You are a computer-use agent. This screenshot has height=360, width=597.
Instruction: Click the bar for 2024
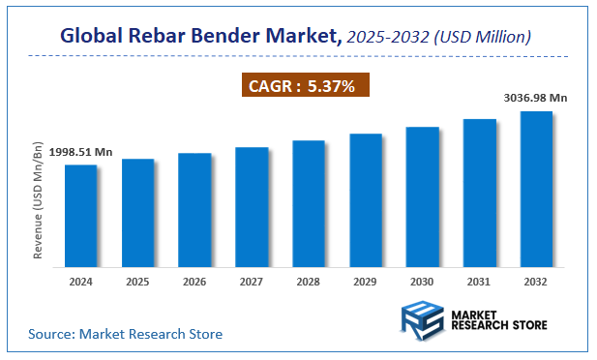click(x=80, y=215)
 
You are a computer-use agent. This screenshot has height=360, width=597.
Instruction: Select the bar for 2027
click(x=252, y=206)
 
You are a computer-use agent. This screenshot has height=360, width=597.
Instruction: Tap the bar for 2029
click(x=366, y=199)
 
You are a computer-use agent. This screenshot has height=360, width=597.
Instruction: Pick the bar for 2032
click(x=536, y=188)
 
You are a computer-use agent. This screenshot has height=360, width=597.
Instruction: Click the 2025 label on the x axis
click(x=137, y=282)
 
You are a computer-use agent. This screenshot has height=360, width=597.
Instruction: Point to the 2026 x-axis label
click(x=194, y=282)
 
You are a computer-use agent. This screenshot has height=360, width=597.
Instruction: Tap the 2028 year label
click(x=309, y=282)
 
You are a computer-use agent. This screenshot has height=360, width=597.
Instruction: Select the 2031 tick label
click(x=480, y=282)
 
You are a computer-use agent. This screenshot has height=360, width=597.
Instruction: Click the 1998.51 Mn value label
click(x=80, y=152)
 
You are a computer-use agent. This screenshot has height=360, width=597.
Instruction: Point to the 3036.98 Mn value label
click(x=535, y=97)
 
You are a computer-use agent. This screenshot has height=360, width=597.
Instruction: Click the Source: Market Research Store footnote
click(x=125, y=334)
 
